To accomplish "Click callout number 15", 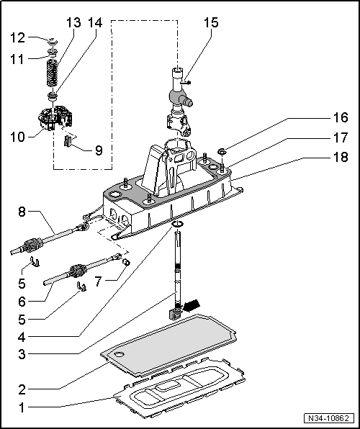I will tap(210, 23).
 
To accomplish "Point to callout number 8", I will tap(22, 213).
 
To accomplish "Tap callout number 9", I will tap(99, 150).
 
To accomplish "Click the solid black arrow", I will tap(192, 307).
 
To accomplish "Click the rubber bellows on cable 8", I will tap(31, 244).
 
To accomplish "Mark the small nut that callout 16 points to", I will tap(223, 151).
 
